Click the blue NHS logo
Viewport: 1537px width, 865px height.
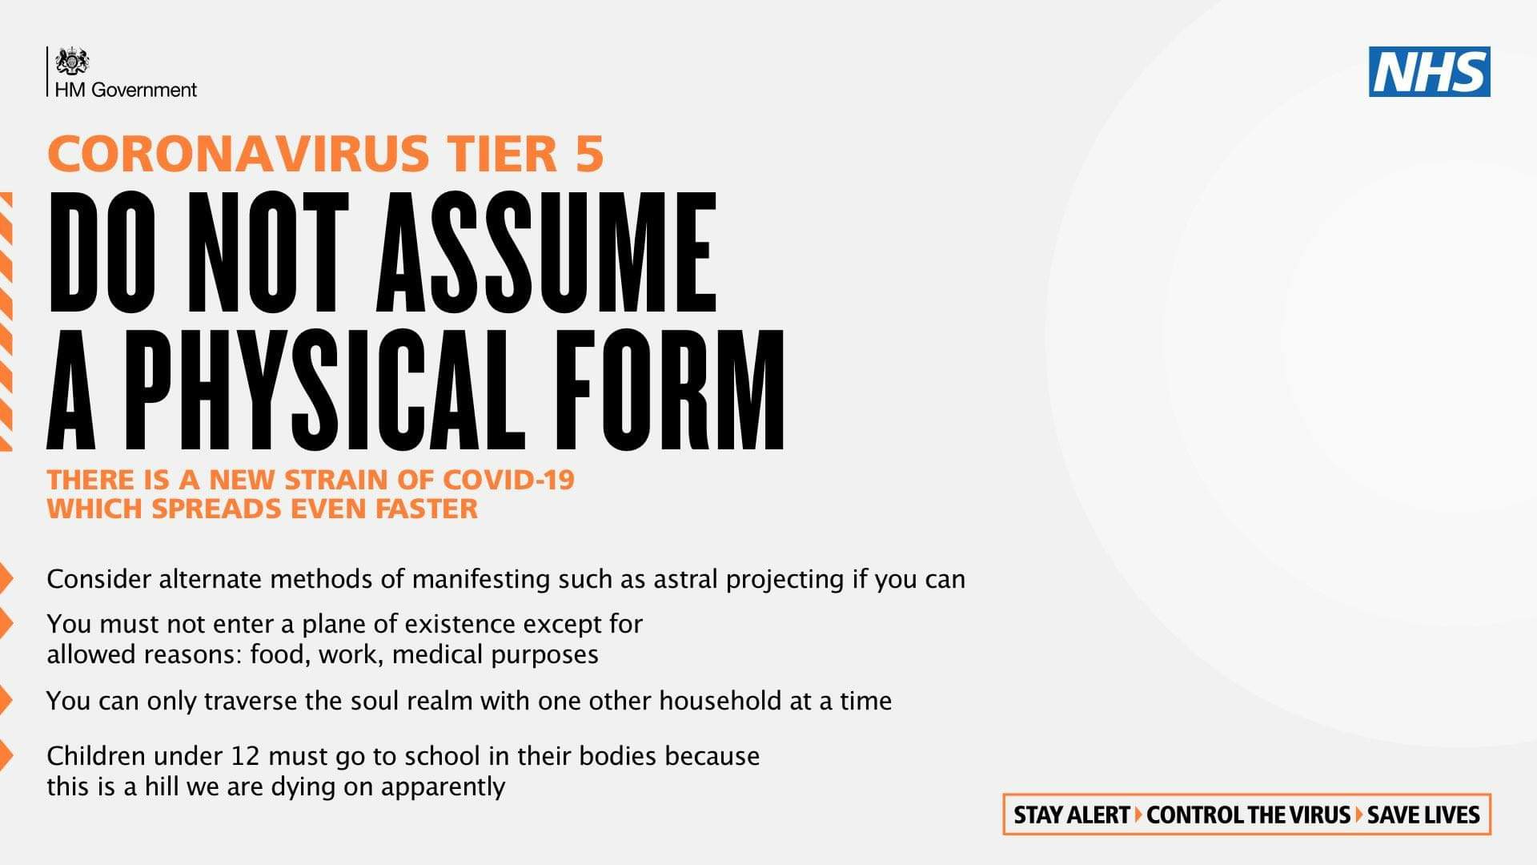(1429, 71)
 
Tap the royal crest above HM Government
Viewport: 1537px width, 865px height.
(72, 62)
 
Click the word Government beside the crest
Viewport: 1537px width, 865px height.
(144, 90)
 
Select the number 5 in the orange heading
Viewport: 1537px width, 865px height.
(588, 154)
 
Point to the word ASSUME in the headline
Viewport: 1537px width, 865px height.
(547, 252)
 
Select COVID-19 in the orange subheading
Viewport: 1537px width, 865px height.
(508, 480)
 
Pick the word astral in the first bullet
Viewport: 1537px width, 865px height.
(686, 579)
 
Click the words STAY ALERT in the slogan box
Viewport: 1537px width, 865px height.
(1071, 815)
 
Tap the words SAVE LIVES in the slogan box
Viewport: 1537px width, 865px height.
(1423, 815)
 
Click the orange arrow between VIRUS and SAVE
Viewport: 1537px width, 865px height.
(1358, 815)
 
